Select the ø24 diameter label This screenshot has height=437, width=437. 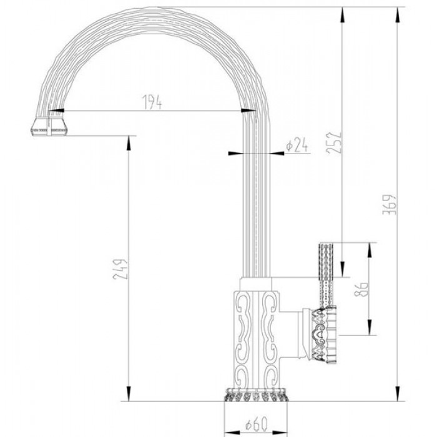coord(297,146)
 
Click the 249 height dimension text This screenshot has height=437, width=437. coord(123,268)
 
